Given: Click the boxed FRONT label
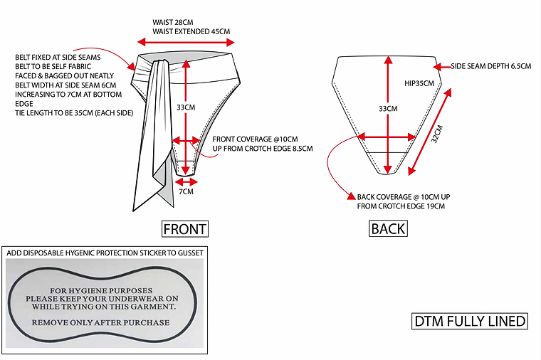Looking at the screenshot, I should [185, 229].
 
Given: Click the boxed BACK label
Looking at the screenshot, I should [388, 228].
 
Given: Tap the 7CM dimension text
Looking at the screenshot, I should [186, 191].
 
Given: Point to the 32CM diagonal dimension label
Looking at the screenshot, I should [437, 135].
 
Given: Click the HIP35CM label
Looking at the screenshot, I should [419, 83].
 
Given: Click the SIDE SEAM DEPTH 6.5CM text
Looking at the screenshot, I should [491, 66].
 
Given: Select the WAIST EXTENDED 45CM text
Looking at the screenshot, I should [191, 31].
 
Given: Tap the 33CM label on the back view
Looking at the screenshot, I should [387, 108].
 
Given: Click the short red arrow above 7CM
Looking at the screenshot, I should [186, 181].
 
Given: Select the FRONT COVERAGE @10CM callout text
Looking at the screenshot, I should [260, 139].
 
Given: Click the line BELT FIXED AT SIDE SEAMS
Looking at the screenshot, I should [58, 57].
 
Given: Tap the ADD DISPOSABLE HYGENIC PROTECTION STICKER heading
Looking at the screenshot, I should [105, 253].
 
